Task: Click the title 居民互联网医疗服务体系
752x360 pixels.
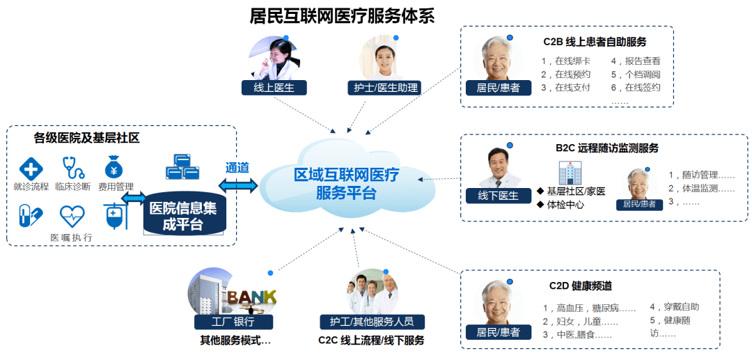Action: (x=342, y=16)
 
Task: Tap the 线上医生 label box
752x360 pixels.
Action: (x=274, y=87)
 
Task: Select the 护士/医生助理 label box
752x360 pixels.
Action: (x=384, y=87)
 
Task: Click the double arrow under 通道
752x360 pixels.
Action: (x=238, y=185)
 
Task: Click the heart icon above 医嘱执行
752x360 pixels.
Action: (x=72, y=216)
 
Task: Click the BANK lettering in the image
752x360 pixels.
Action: (x=252, y=297)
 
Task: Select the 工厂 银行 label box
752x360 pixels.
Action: (x=233, y=321)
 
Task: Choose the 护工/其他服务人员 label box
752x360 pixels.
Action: (x=372, y=321)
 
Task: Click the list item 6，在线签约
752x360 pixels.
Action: (x=636, y=88)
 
